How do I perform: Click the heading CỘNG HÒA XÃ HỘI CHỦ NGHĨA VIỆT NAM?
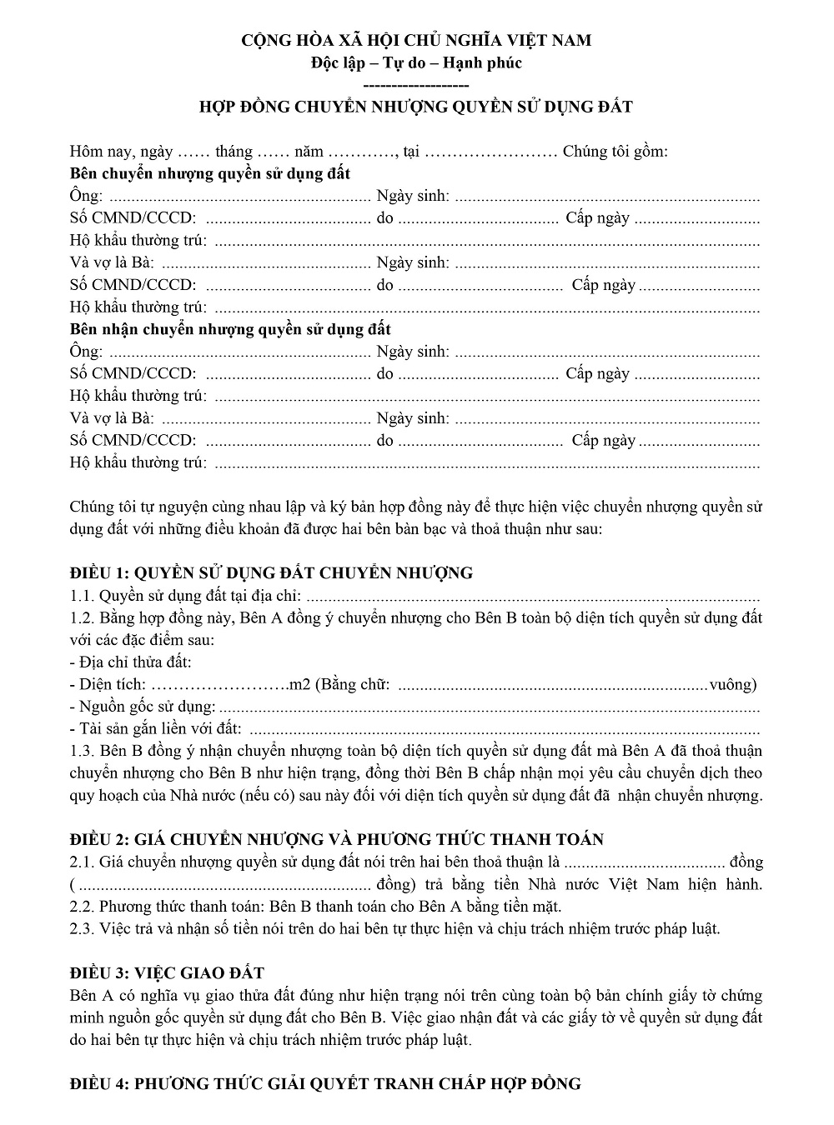(416, 40)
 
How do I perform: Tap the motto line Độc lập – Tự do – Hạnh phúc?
(416, 62)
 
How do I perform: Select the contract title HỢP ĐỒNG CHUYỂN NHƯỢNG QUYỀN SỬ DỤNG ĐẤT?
(416, 107)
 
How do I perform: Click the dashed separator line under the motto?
(416, 85)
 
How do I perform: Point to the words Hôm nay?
(96, 152)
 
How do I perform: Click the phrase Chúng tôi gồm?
(615, 152)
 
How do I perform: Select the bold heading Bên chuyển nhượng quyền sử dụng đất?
(210, 173)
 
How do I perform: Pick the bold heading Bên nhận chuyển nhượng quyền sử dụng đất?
(230, 329)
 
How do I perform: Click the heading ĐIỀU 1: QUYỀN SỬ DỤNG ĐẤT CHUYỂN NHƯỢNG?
(271, 572)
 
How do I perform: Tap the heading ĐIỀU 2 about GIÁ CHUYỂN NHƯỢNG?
(337, 839)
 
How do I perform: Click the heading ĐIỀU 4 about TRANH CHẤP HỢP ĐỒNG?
(325, 1083)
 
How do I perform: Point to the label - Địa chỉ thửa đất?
(131, 662)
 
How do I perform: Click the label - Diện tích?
(108, 685)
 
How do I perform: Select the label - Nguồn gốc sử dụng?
(143, 707)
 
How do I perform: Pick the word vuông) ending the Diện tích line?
(733, 685)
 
